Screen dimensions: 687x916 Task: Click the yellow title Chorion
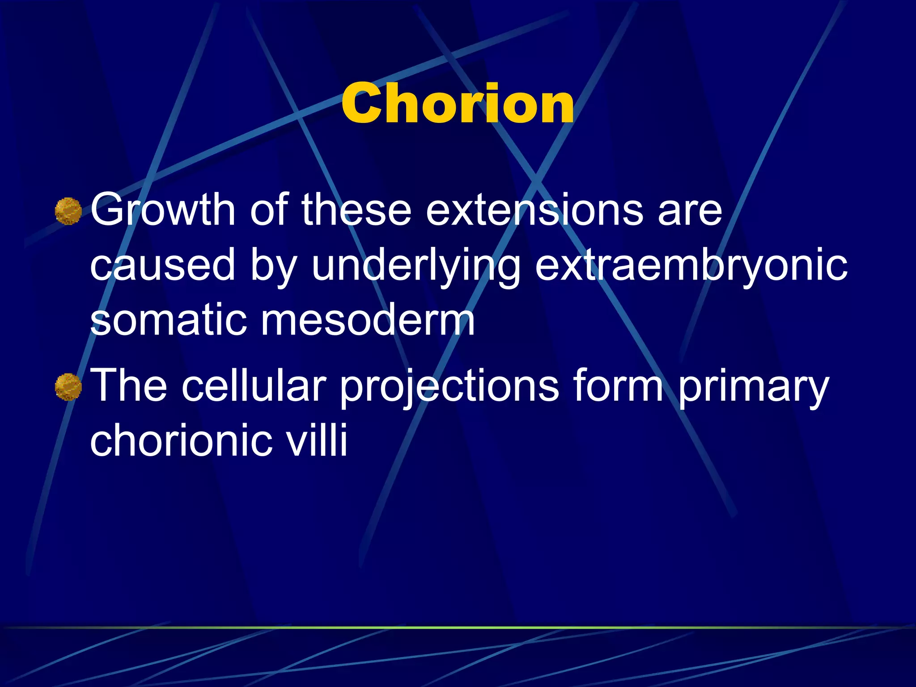(458, 104)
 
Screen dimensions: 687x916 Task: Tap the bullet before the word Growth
(68, 211)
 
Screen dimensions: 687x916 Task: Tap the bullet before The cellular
(68, 387)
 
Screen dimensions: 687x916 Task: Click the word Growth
(163, 209)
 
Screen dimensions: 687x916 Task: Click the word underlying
(416, 266)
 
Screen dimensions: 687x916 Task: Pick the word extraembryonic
(691, 266)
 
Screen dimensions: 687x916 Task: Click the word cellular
(254, 385)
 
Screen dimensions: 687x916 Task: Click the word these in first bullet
(356, 209)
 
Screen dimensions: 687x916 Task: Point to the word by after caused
(273, 266)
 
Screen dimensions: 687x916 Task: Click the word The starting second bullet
(129, 385)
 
